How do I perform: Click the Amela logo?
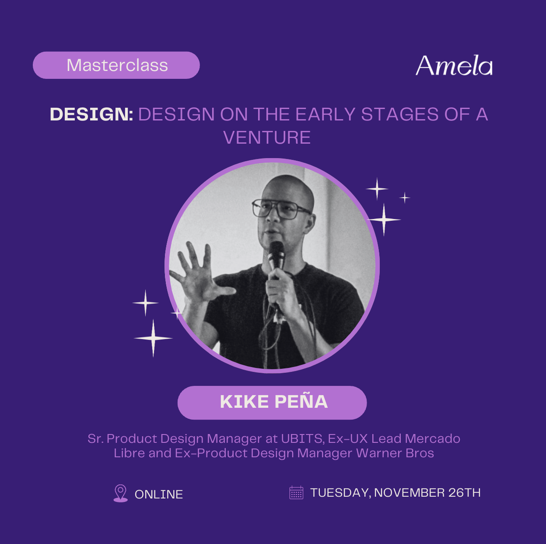(x=454, y=65)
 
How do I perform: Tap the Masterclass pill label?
(x=116, y=65)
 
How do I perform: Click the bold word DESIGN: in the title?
(x=91, y=114)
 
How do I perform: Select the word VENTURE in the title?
(x=267, y=138)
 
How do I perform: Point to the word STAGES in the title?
(x=400, y=114)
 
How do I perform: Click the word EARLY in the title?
(x=325, y=114)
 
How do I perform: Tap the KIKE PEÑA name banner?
(x=272, y=403)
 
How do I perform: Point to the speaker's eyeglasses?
(x=280, y=208)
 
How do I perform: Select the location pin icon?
(x=120, y=493)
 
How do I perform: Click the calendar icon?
(x=296, y=493)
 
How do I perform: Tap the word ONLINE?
(x=159, y=495)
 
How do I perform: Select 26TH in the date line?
(x=464, y=493)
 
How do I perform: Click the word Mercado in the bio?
(x=432, y=438)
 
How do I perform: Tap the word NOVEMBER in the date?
(x=409, y=493)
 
